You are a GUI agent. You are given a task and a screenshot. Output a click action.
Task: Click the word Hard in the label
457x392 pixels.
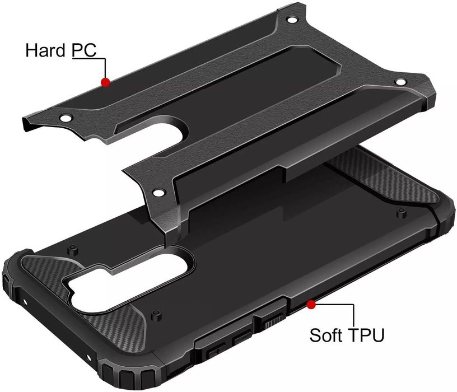pyautogui.click(x=45, y=50)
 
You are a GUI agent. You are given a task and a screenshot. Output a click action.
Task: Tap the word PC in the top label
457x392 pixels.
pyautogui.click(x=84, y=50)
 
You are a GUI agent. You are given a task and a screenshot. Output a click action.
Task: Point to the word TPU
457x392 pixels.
pyautogui.click(x=366, y=335)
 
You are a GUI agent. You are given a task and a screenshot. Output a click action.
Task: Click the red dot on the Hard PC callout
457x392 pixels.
pyautogui.click(x=105, y=82)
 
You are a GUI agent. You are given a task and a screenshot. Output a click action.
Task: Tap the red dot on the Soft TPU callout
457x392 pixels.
pyautogui.click(x=311, y=305)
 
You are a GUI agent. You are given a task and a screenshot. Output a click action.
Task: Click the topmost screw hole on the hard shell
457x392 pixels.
pyautogui.click(x=291, y=20)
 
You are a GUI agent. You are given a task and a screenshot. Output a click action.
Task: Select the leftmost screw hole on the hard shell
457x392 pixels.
pyautogui.click(x=66, y=118)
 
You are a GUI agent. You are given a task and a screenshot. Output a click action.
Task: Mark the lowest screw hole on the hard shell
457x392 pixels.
pyautogui.click(x=158, y=193)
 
